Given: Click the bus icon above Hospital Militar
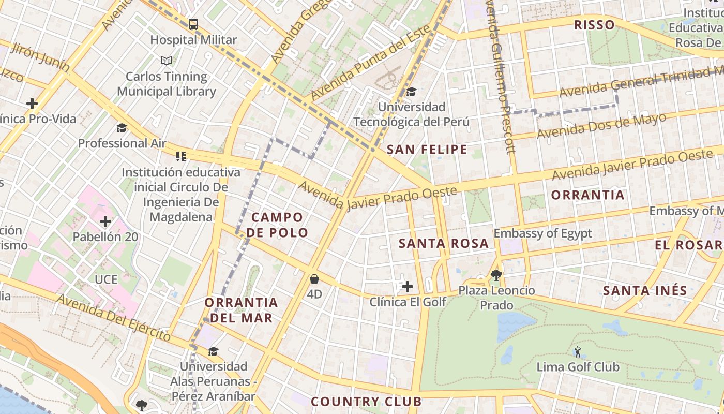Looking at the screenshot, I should (x=193, y=24).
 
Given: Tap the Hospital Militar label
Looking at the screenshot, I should (x=193, y=40).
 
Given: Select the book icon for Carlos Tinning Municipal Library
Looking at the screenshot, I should (x=167, y=61).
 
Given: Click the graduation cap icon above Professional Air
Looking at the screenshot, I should (x=122, y=128).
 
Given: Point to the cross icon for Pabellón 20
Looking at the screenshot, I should (x=105, y=222).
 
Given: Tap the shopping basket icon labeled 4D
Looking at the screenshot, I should (x=314, y=279).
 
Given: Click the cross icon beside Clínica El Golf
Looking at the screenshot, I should (x=408, y=286).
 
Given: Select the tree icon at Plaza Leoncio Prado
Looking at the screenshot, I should (x=496, y=275).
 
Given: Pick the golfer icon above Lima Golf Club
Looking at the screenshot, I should (x=578, y=352).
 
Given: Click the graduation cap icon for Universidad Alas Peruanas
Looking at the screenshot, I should (x=213, y=352).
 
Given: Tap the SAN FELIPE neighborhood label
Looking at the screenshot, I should (x=427, y=150).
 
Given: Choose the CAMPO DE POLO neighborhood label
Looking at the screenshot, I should (x=277, y=225).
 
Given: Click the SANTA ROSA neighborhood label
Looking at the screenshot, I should (x=444, y=243).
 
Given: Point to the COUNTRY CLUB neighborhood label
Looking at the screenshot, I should (x=366, y=402).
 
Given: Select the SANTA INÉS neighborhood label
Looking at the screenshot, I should (x=645, y=291).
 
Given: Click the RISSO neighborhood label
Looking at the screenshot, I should (x=594, y=25).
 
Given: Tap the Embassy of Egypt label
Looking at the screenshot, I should (x=542, y=233).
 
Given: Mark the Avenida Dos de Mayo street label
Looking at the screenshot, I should (x=601, y=126).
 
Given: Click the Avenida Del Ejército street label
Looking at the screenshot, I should (x=113, y=317).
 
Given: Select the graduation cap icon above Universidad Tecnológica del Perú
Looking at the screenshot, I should (x=412, y=92).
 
